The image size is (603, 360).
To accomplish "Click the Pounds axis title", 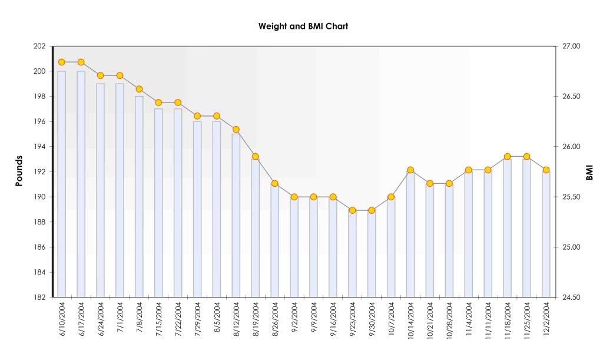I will (x=19, y=171).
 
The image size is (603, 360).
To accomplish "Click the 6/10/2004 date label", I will (x=62, y=321).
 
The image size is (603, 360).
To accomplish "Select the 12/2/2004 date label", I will (x=546, y=321).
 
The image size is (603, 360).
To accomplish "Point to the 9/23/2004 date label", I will (x=353, y=321).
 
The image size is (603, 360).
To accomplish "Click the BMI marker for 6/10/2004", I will (x=62, y=62).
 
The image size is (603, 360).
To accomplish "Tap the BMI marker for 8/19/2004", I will (x=256, y=157).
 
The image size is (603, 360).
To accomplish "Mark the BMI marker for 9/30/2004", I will (x=372, y=210).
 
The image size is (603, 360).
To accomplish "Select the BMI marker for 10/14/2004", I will (x=410, y=170).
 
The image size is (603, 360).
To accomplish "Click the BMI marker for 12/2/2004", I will (x=546, y=170).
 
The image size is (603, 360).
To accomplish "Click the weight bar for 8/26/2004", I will (x=275, y=242).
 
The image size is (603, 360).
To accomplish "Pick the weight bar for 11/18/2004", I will (x=507, y=230).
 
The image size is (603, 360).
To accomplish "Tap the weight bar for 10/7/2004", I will (x=391, y=247).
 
